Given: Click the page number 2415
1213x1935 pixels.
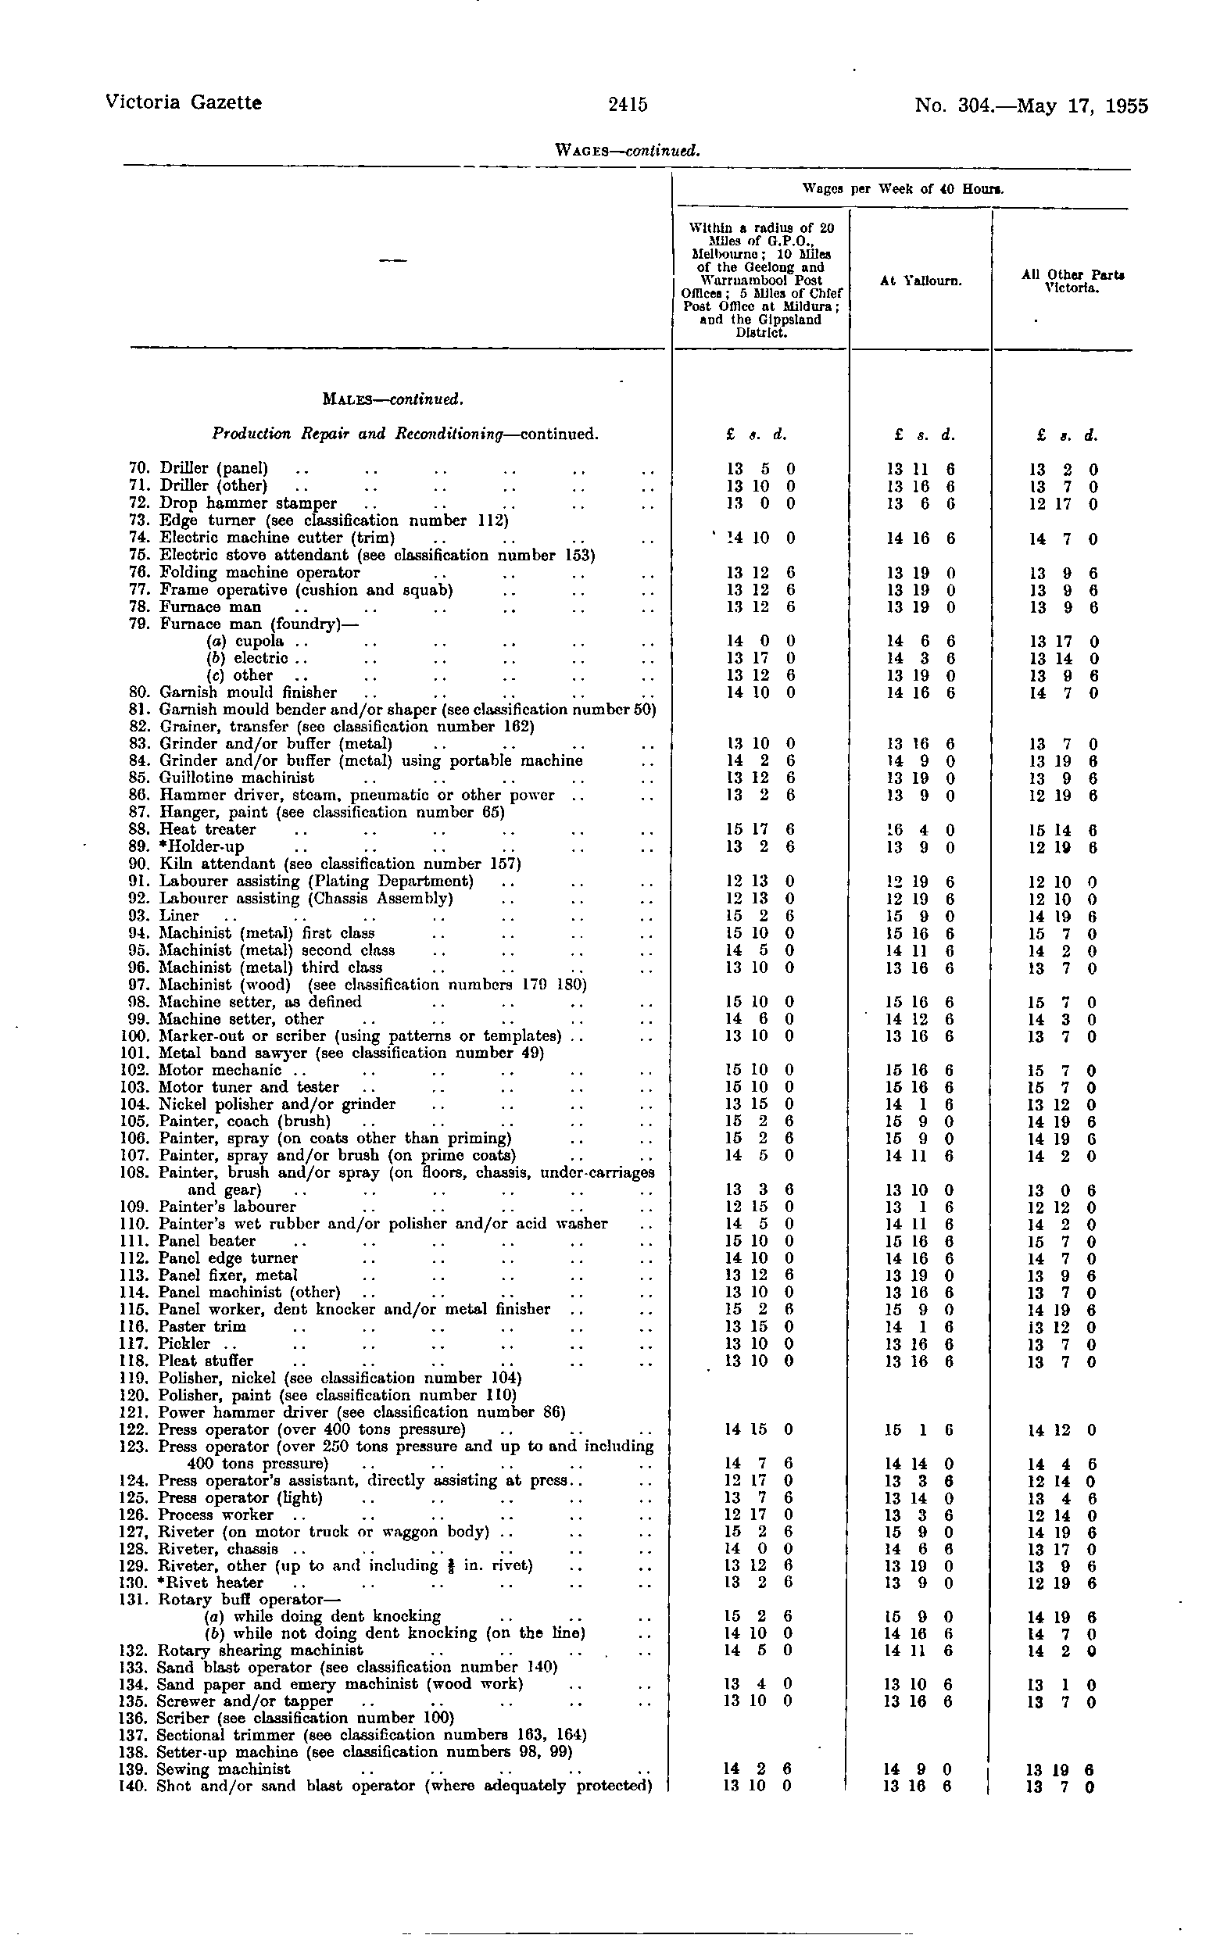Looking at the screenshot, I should point(628,104).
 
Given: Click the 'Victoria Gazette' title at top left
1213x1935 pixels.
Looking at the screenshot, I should point(184,102).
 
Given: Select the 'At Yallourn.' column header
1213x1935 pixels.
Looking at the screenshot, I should point(920,281).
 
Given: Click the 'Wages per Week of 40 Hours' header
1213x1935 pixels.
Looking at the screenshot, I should point(903,190).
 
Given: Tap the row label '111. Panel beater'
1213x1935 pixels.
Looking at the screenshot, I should point(195,1241).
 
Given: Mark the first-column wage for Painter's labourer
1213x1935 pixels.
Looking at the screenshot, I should point(759,1207).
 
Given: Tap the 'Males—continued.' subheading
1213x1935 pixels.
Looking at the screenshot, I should point(392,399).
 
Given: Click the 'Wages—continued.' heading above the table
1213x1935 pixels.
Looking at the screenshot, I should point(628,150).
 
